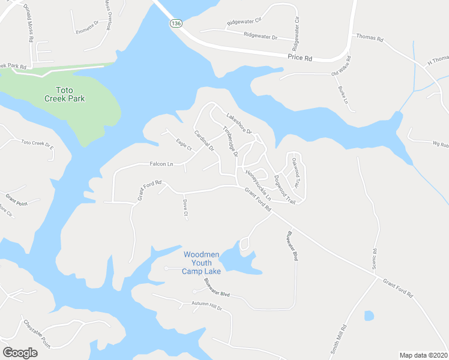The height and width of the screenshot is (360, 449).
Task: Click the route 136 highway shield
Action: (x=175, y=23)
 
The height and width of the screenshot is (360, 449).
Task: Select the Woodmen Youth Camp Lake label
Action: (x=202, y=263)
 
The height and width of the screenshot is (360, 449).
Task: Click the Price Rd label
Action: (x=300, y=58)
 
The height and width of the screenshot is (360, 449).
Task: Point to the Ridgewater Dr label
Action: (x=261, y=36)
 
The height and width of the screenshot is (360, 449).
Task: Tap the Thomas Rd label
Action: (x=370, y=37)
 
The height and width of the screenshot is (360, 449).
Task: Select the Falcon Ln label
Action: (x=161, y=164)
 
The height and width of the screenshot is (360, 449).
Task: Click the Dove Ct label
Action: (x=185, y=208)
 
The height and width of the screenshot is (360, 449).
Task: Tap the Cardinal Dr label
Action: (x=204, y=140)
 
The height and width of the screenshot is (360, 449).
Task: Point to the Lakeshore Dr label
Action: (x=238, y=123)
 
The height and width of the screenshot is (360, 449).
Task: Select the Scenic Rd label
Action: (x=373, y=259)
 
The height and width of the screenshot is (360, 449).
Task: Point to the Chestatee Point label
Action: (x=37, y=334)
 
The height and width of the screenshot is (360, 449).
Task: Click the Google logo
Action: (x=20, y=353)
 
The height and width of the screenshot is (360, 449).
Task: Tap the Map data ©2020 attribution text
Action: (x=424, y=355)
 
